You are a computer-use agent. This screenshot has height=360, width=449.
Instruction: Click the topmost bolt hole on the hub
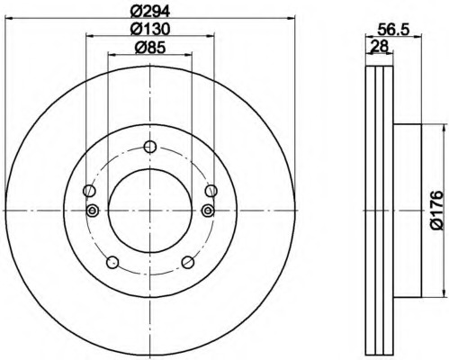[150, 146]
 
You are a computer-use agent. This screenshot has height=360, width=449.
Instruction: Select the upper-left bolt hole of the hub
[89, 190]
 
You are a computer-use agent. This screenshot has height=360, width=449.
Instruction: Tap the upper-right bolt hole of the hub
[211, 190]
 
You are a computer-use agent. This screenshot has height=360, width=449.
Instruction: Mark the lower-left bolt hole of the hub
[112, 262]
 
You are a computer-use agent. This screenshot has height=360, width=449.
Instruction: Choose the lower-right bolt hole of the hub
[188, 262]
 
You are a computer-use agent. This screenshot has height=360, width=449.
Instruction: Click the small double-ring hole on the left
[92, 211]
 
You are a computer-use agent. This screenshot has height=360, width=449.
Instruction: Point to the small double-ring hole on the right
[209, 211]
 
